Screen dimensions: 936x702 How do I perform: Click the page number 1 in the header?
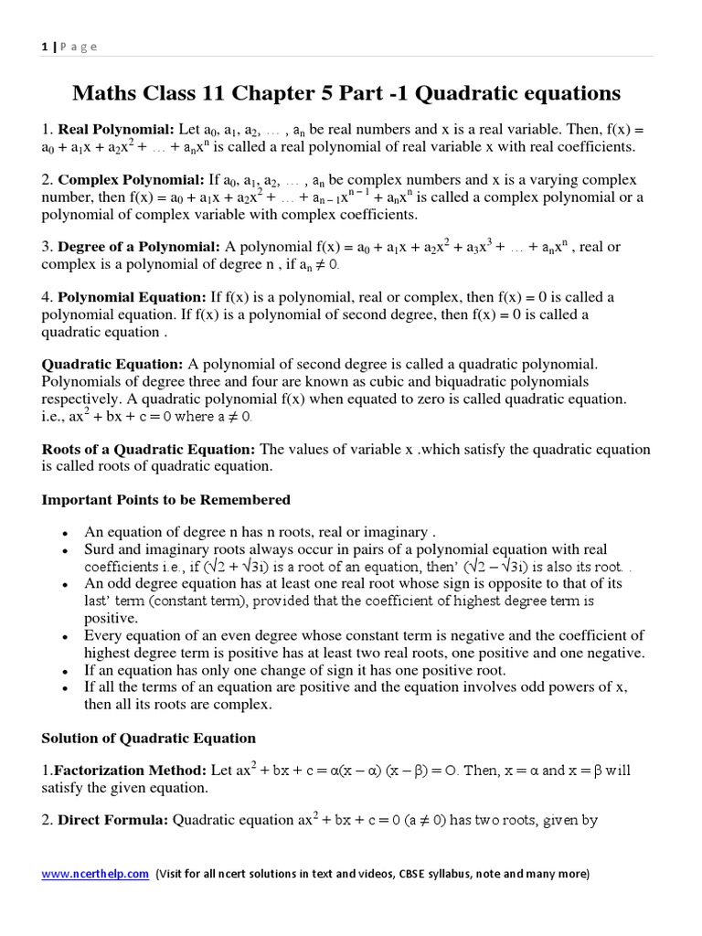click(44, 47)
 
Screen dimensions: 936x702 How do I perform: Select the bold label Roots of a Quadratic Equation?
click(149, 449)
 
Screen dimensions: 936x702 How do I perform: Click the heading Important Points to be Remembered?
click(166, 499)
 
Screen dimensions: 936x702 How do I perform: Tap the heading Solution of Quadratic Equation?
click(149, 738)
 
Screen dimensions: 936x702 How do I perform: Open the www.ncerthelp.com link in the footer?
click(95, 874)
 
